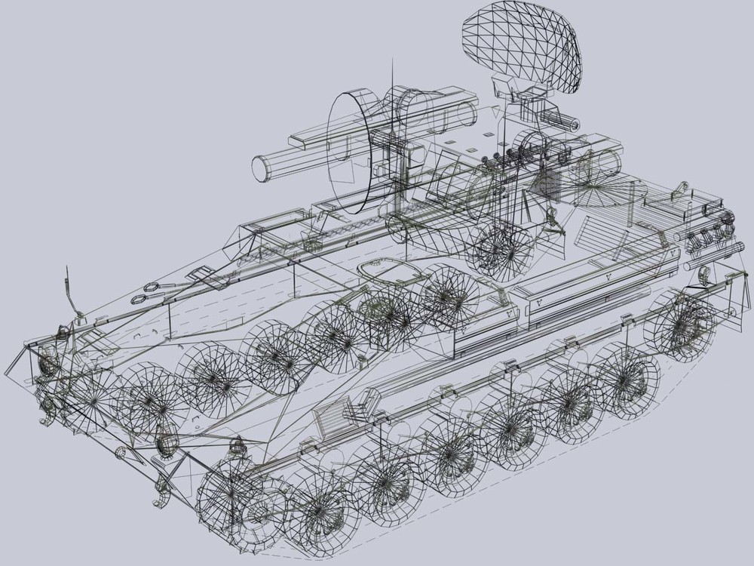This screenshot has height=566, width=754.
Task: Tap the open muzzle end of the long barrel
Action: [260, 168]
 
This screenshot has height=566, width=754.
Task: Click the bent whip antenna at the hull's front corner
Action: [71, 294]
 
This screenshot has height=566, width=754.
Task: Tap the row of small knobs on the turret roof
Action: [513, 156]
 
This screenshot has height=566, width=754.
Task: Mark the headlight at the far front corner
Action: [47, 365]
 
